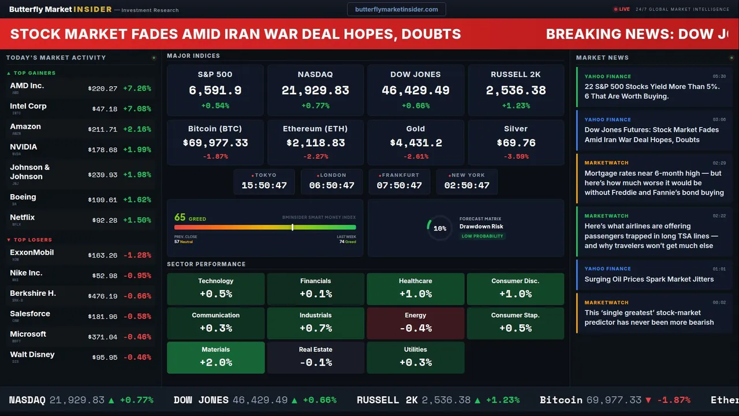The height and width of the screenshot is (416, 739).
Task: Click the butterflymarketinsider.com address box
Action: point(396,9)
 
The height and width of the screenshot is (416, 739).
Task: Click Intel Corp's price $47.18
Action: point(104,109)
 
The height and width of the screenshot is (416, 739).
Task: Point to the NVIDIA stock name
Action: point(24,147)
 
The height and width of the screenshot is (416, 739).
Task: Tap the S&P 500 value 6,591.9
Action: point(215,90)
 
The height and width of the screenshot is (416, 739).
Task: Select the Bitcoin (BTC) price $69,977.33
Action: point(215,143)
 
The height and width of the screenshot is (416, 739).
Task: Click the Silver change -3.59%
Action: point(516,157)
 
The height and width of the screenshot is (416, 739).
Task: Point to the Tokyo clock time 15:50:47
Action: point(264,185)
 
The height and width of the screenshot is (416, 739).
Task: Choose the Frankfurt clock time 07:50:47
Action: point(399,185)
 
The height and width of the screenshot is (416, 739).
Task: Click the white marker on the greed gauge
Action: point(293,227)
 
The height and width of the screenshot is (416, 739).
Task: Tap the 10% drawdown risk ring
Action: point(439,228)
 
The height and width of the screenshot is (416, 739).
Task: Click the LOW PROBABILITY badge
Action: point(482,236)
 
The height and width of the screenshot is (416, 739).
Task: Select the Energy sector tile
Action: point(415,323)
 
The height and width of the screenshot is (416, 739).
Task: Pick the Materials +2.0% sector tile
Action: point(216,357)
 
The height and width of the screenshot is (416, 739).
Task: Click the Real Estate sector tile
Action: point(315,357)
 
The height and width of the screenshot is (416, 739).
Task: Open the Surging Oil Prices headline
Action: point(649,279)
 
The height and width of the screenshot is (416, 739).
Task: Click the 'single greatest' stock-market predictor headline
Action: point(649,317)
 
